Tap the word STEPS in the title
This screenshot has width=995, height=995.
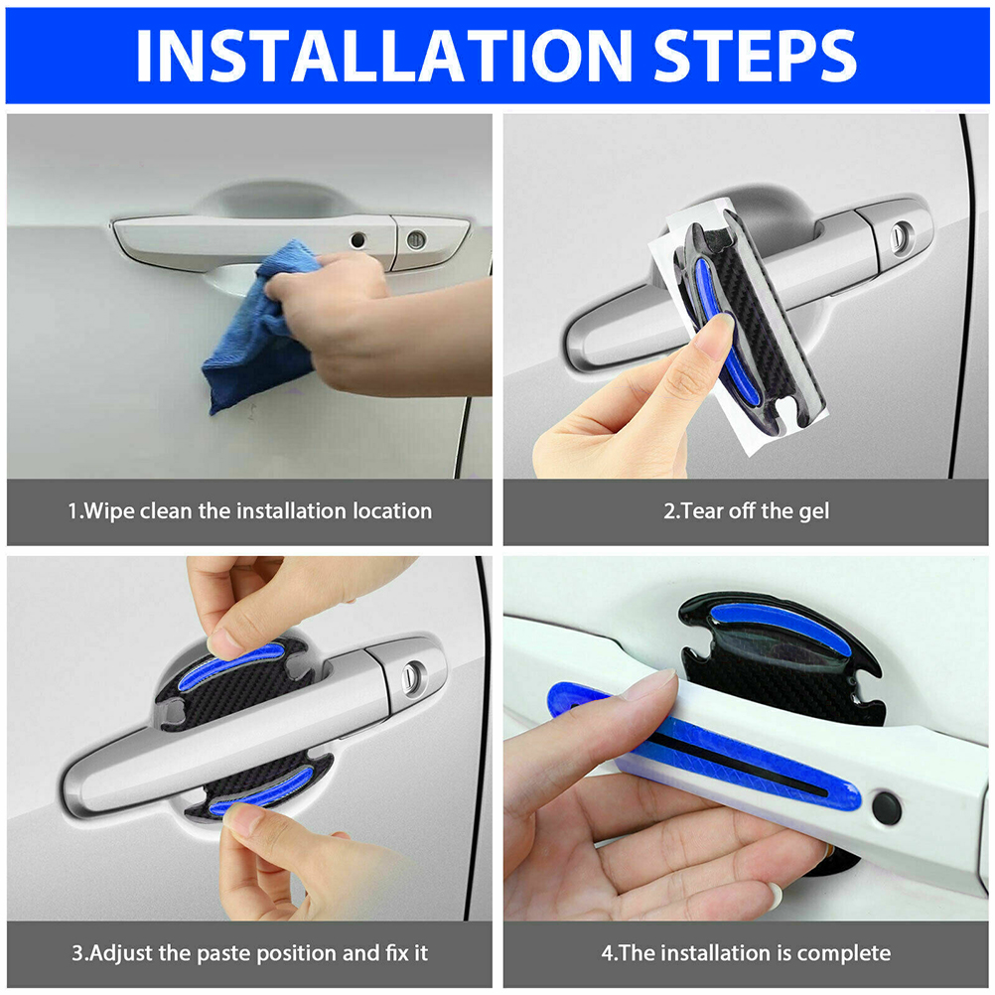[755, 56]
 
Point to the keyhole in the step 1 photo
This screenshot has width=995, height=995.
[416, 240]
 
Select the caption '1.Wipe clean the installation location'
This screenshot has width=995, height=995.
[249, 510]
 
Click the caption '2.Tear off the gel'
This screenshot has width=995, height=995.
[747, 510]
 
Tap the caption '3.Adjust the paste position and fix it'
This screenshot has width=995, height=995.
[249, 953]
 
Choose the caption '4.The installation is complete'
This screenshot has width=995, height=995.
[747, 953]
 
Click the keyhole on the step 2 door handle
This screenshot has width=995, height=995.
[901, 233]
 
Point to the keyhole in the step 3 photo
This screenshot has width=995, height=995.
[414, 674]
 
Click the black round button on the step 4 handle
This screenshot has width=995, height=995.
[887, 807]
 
